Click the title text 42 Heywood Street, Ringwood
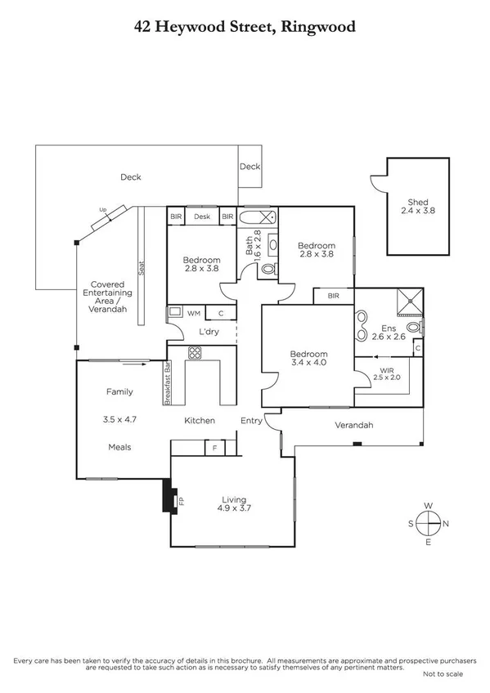[x=245, y=26]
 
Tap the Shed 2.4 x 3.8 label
[x=418, y=207]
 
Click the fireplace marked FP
[x=171, y=499]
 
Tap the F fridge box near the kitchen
[x=214, y=448]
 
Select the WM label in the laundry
[x=194, y=312]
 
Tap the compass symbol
[x=427, y=523]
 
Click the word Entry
[x=251, y=421]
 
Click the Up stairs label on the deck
[x=103, y=210]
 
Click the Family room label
[x=119, y=392]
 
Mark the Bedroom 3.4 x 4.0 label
[x=308, y=358]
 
